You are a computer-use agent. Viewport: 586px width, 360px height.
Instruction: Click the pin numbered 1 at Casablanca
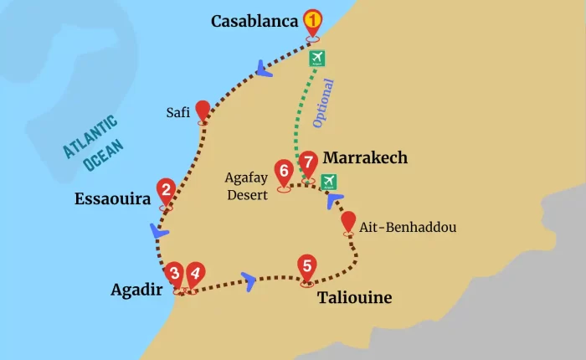312,21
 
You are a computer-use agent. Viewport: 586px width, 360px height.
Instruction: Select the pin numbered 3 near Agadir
174,274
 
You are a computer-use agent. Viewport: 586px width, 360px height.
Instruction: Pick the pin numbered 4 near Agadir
195,274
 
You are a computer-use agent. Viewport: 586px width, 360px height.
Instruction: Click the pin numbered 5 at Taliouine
307,267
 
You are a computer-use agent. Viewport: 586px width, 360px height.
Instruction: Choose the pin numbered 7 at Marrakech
309,162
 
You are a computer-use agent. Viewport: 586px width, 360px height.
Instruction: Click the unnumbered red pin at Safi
202,111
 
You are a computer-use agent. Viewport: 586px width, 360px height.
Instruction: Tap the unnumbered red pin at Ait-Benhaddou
348,222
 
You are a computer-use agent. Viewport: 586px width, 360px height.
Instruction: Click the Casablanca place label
254,21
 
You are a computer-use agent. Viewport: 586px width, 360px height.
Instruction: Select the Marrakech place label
365,157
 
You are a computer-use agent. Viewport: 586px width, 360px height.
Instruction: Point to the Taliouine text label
354,297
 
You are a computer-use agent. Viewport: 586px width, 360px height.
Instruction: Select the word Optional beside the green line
323,103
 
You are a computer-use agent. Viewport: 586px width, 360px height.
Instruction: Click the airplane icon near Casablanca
317,58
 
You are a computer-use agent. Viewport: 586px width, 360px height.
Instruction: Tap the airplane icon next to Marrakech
329,181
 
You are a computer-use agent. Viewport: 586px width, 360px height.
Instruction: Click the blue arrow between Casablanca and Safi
265,68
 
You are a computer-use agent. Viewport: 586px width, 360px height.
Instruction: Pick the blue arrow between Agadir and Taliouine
249,279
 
